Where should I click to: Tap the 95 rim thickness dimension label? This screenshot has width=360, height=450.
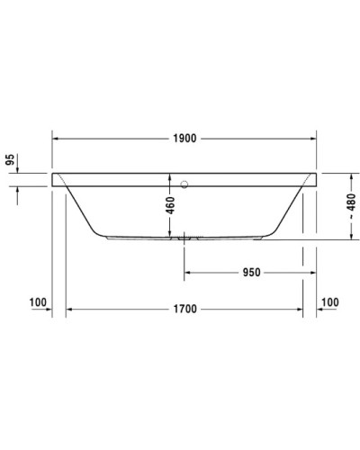pyautogui.click(x=11, y=162)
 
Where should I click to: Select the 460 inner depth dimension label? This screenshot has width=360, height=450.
pyautogui.click(x=169, y=206)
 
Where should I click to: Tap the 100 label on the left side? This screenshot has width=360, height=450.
pyautogui.click(x=37, y=301)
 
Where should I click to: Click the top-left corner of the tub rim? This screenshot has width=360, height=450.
pyautogui.click(x=54, y=173)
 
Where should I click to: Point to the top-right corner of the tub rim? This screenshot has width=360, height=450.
pyautogui.click(x=315, y=173)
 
